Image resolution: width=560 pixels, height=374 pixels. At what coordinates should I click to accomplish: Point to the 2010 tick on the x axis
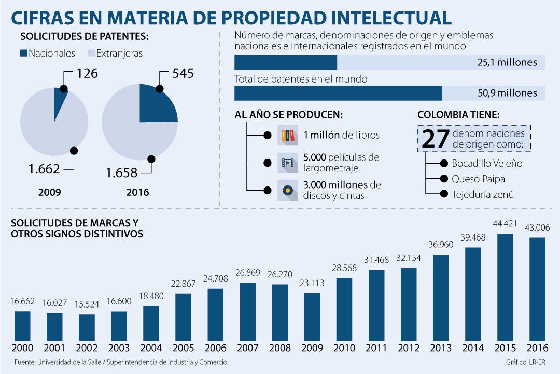[344, 348]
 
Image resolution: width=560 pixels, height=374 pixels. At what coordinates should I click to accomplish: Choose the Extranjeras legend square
[91, 53]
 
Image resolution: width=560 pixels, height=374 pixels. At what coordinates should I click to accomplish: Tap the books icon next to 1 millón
[287, 135]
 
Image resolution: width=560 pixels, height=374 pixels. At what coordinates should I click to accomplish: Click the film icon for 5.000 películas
[287, 163]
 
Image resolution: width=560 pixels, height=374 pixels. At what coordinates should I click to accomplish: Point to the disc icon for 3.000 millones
[287, 190]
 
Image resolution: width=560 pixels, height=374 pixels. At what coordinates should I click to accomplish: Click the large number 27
[435, 139]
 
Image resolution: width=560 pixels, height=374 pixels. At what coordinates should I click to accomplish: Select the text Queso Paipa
[478, 179]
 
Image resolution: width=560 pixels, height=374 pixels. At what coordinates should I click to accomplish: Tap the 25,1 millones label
[507, 63]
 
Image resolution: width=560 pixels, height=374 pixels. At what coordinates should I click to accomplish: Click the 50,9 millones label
[507, 94]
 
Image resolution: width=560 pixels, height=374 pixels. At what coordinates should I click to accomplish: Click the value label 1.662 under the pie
[45, 168]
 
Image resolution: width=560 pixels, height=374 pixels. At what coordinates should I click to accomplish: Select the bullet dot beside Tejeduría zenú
[444, 194]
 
